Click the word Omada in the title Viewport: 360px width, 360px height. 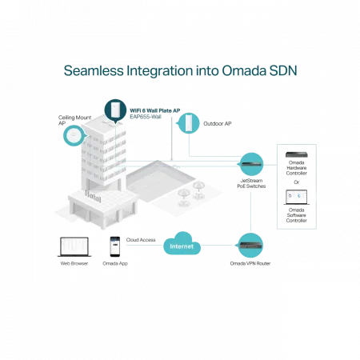(x=244, y=70)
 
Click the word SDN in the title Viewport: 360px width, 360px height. (x=283, y=70)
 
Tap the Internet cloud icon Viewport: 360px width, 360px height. (x=182, y=243)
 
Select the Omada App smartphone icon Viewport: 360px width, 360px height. (x=115, y=246)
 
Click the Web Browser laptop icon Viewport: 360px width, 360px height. (x=74, y=246)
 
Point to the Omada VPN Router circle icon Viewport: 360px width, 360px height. (x=250, y=246)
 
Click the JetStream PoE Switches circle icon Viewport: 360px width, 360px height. (x=250, y=164)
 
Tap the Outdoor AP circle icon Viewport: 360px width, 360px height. (x=188, y=123)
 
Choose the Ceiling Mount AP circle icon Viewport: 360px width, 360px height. (x=74, y=135)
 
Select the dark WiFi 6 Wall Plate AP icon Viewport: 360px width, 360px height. (x=115, y=110)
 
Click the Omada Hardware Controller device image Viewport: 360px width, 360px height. (x=297, y=154)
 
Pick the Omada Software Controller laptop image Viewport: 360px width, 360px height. (x=297, y=197)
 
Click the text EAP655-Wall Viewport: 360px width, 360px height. (x=146, y=117)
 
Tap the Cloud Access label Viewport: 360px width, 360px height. (x=141, y=240)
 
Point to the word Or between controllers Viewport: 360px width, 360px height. (x=297, y=182)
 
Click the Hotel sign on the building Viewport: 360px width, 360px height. (x=93, y=197)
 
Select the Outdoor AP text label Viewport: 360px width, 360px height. (x=218, y=123)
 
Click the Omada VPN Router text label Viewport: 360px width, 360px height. (x=250, y=263)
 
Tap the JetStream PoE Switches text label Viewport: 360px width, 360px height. (x=251, y=183)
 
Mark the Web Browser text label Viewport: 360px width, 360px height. (x=74, y=263)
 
